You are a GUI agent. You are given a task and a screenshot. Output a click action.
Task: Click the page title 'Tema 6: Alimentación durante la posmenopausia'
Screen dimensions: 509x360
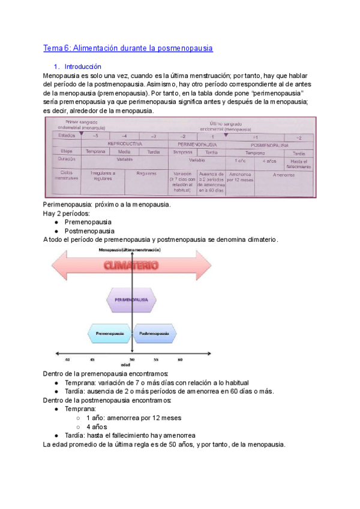pyautogui.click(x=128, y=48)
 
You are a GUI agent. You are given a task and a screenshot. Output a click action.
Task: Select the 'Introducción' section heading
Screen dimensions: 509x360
pyautogui.click(x=82, y=67)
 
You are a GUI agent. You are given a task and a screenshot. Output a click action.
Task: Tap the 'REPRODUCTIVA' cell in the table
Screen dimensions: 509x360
pyautogui.click(x=125, y=144)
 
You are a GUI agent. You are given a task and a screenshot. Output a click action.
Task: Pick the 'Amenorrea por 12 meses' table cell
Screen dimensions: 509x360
pyautogui.click(x=240, y=176)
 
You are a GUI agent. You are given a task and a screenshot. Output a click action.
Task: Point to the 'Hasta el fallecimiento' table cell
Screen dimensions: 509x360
pyautogui.click(x=298, y=163)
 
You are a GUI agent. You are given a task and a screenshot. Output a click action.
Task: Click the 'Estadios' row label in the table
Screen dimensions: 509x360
pyautogui.click(x=67, y=136)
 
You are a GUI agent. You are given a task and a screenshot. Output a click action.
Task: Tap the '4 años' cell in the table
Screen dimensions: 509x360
pyautogui.click(x=269, y=161)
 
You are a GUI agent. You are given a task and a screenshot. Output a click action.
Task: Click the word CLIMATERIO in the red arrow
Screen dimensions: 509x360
pyautogui.click(x=131, y=265)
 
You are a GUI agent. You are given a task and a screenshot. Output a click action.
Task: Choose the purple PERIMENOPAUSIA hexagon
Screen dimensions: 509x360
pyautogui.click(x=131, y=298)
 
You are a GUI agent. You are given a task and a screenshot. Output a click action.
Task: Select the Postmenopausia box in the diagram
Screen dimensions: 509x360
pyautogui.click(x=154, y=333)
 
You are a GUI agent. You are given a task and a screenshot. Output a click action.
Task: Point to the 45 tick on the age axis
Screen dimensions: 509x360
pyautogui.click(x=92, y=360)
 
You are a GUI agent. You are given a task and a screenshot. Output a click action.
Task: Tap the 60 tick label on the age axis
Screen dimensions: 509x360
pyautogui.click(x=180, y=360)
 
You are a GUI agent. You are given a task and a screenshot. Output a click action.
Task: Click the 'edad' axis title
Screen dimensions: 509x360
pyautogui.click(x=125, y=365)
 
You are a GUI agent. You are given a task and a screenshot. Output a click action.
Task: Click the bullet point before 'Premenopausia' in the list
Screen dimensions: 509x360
pyautogui.click(x=55, y=222)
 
